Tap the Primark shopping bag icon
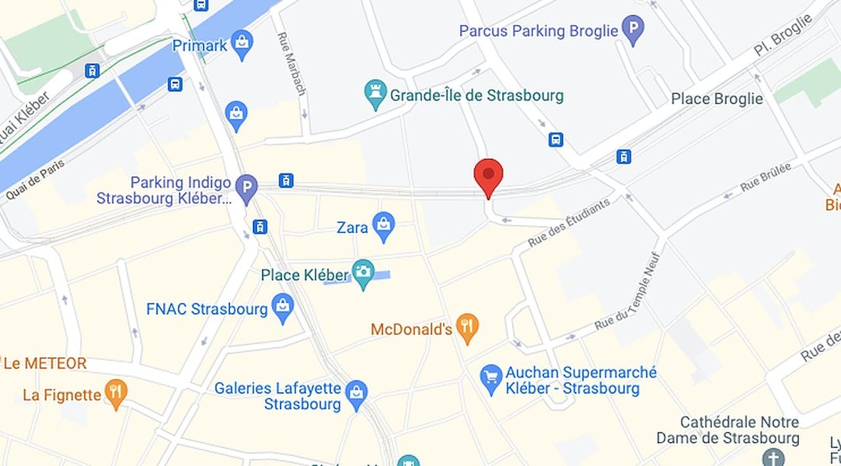tap(242, 44)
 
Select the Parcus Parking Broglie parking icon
tap(633, 30)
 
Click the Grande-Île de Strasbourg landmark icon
tap(376, 95)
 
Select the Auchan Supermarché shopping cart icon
tap(491, 380)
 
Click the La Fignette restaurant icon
tap(116, 394)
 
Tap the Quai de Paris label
tap(35, 179)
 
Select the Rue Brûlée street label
tap(765, 177)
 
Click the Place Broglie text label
tap(717, 98)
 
